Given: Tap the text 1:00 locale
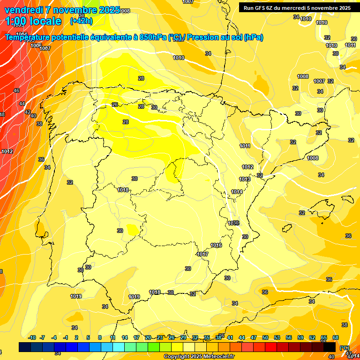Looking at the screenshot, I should point(33,21).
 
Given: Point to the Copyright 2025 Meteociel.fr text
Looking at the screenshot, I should point(199,357).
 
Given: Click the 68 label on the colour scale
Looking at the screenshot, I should point(335,337).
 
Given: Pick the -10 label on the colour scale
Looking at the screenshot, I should point(32,337).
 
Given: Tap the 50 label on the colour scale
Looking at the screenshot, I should point(265,337).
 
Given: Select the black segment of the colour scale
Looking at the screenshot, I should point(330,347).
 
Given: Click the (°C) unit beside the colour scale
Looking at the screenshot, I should point(345,348).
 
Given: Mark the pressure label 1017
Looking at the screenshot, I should point(202,254).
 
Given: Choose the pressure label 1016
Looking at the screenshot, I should point(216,245).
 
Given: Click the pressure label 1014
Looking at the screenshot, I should point(237,192).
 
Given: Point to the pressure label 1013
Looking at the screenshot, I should point(245,179).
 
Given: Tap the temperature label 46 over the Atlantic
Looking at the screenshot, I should point(16,90).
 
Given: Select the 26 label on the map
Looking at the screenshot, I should point(115,105).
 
